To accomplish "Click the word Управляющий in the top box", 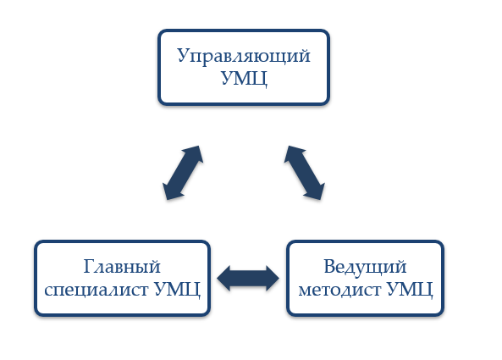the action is (244, 57).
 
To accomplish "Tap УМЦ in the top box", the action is (244, 78).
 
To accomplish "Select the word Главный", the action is (122, 267).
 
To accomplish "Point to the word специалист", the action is (96, 290).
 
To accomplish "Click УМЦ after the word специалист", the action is (177, 290).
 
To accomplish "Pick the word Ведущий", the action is (365, 267).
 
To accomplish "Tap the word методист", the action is (339, 290).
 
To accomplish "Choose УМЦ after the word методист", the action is (410, 290).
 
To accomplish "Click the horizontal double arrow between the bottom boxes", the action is (248, 279).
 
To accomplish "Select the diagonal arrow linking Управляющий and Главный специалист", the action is (183, 173).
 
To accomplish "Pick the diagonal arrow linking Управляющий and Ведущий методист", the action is (305, 173).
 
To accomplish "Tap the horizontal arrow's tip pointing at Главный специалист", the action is (218, 279).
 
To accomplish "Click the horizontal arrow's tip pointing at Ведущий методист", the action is (279, 279).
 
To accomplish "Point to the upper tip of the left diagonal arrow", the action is (199, 147).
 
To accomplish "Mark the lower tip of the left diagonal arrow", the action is (167, 199).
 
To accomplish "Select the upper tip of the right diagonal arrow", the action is (289, 147).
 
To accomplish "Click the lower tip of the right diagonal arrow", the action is (321, 199).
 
